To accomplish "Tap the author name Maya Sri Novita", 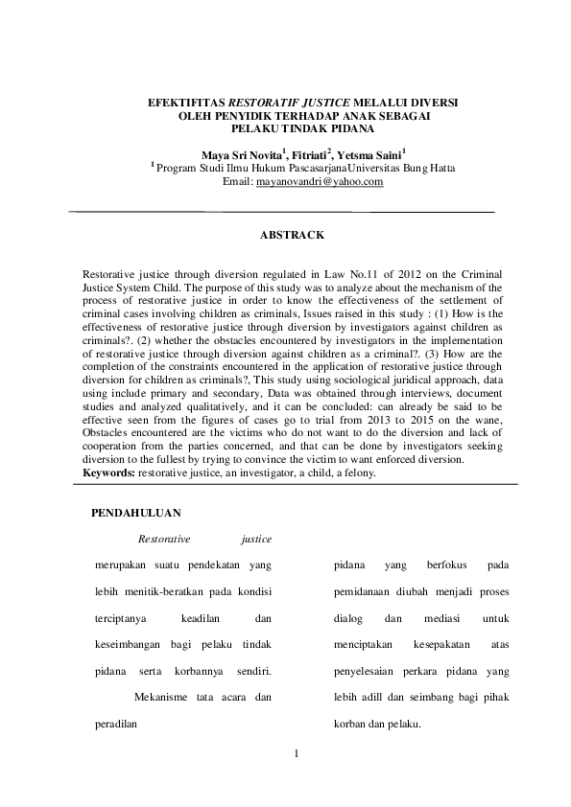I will coord(241,153).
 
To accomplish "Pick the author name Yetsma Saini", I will coord(376,153).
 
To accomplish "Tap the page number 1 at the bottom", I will coord(297,754).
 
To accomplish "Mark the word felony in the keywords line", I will coord(360,473).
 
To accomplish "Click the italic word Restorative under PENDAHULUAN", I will coord(164,540).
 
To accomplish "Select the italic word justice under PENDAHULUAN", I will coord(257,540).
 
